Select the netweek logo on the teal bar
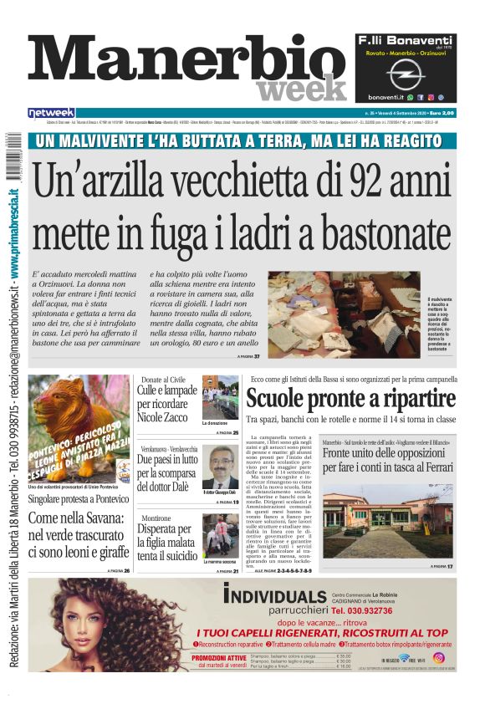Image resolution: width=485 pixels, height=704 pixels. coord(52,112)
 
